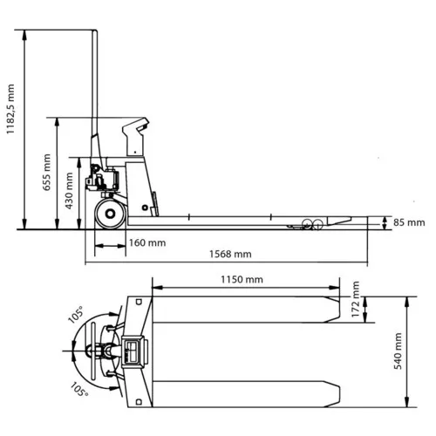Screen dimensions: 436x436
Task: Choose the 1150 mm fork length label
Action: click(242, 280)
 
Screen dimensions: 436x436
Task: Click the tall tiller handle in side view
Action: click(94, 96)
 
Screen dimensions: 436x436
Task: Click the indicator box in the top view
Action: click(133, 352)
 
